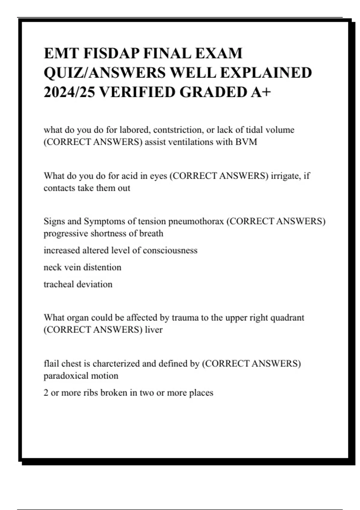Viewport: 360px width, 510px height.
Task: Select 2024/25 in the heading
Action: [x=69, y=92]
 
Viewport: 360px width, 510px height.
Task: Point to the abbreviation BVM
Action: [x=246, y=142]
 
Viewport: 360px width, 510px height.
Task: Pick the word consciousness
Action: [x=170, y=250]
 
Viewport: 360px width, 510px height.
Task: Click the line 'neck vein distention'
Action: [x=82, y=267]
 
